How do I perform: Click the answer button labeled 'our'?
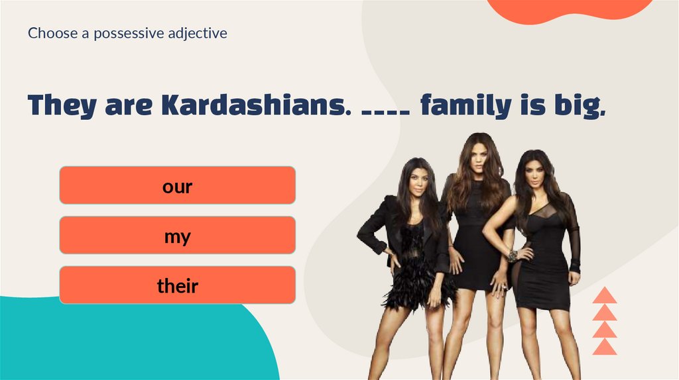point(177,185)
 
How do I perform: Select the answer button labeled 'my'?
point(177,236)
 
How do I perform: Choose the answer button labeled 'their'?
point(177,285)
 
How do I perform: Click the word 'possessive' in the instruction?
point(126,32)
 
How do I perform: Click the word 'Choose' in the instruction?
point(52,32)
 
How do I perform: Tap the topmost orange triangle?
point(604,296)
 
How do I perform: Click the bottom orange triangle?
point(604,347)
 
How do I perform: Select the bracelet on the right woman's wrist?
point(512,255)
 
